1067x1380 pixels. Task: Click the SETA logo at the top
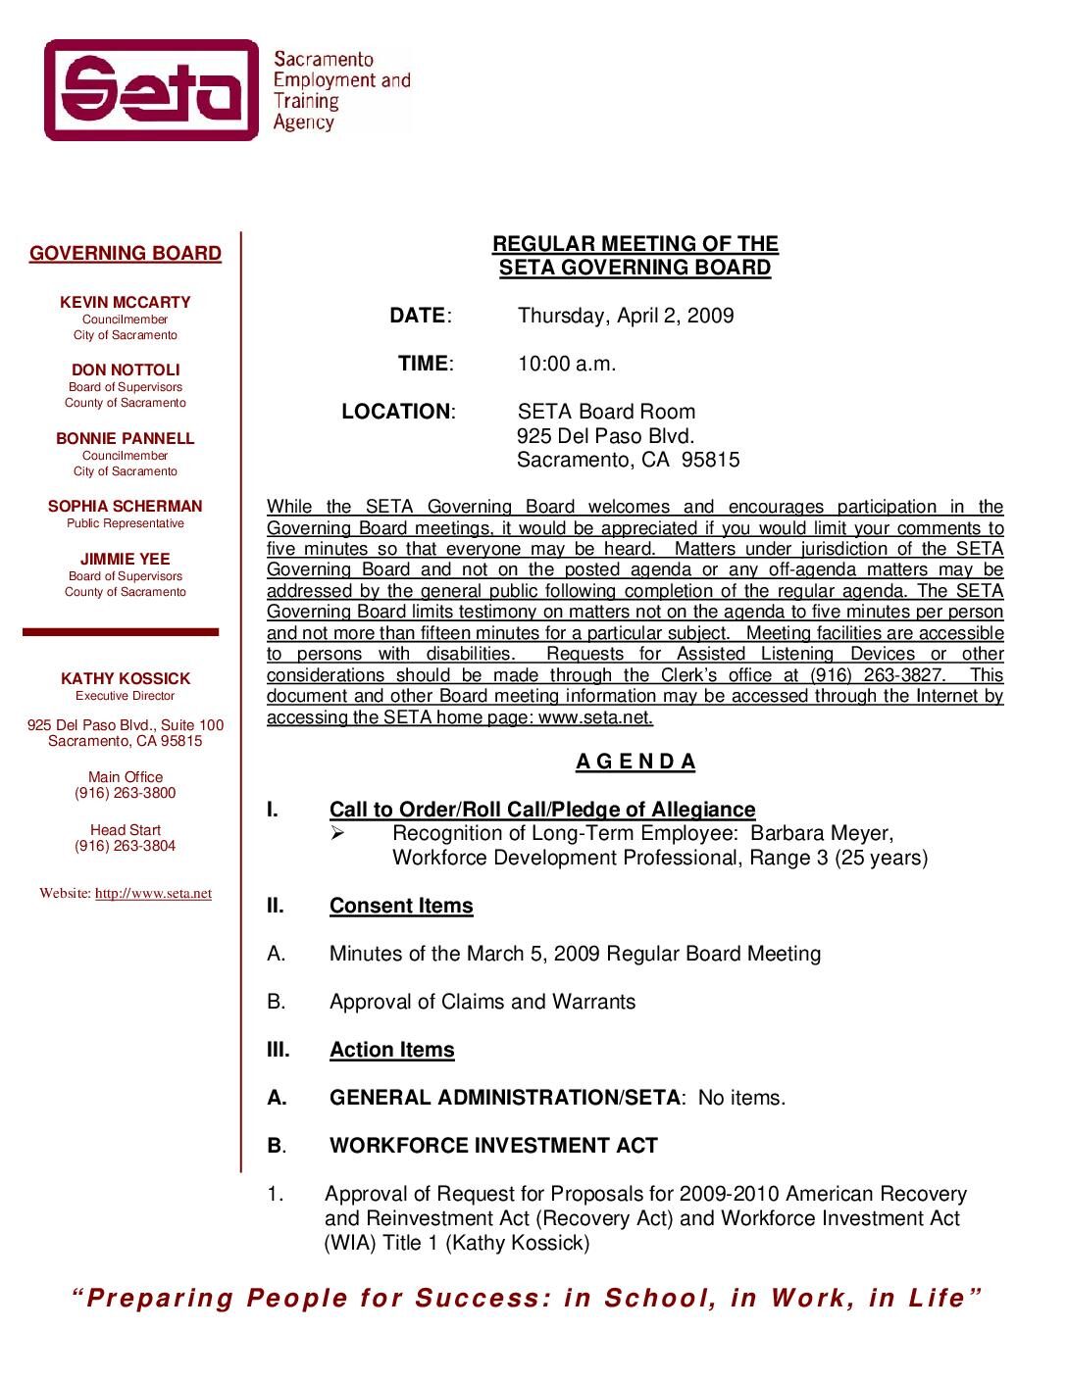[x=152, y=90]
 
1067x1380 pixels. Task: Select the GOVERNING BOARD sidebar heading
[x=126, y=254]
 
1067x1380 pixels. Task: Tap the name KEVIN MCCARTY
[x=126, y=303]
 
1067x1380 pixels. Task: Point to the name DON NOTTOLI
[x=126, y=370]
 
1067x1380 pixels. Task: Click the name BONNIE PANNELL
[x=126, y=439]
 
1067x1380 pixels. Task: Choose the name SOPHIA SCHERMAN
[x=126, y=507]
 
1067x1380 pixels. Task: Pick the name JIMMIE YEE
[x=126, y=560]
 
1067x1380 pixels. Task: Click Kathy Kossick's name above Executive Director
[x=126, y=679]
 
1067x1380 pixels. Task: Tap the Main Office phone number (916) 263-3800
[x=126, y=793]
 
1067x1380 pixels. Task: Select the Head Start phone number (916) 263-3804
[x=126, y=846]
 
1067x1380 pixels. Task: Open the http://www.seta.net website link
[x=153, y=894]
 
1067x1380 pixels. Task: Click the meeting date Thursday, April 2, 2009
[x=626, y=316]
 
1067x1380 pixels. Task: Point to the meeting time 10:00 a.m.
[x=567, y=364]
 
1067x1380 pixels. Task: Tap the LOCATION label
[x=395, y=412]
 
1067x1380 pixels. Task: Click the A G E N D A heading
[x=635, y=762]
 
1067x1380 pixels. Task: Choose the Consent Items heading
[x=401, y=906]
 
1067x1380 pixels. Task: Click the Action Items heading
[x=392, y=1050]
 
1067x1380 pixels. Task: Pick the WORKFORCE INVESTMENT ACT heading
[x=493, y=1146]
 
